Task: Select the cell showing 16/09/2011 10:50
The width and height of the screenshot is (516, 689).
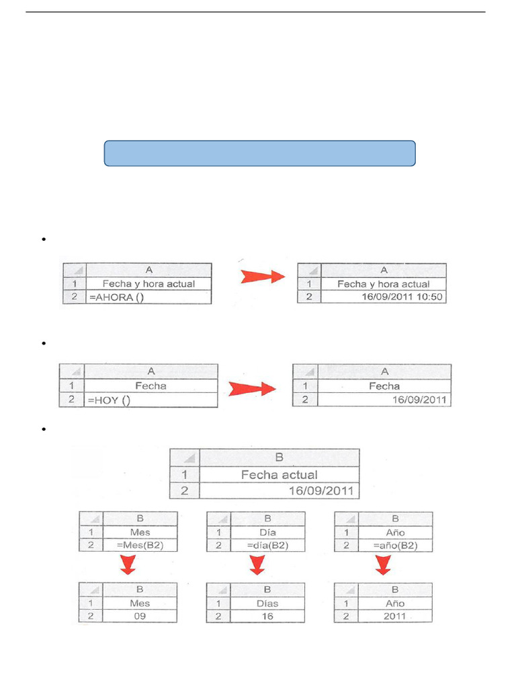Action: pos(384,297)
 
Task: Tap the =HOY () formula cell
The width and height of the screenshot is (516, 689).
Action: pos(150,400)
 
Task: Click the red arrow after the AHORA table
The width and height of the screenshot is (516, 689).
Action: pos(263,275)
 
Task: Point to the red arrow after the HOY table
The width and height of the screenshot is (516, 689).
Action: pos(252,389)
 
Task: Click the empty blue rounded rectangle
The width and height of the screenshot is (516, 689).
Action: pos(259,153)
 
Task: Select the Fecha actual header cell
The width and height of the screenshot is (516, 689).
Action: pos(279,474)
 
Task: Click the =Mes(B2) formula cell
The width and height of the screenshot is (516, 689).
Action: pos(139,545)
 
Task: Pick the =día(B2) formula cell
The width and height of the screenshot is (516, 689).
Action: pos(267,545)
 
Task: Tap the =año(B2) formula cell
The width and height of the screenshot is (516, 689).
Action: pos(394,545)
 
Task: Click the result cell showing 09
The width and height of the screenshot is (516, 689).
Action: pos(139,616)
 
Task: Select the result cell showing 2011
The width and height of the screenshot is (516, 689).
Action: pos(394,616)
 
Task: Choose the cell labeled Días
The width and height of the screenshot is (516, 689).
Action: pos(267,603)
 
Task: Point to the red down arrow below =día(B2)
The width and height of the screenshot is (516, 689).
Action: pos(256,567)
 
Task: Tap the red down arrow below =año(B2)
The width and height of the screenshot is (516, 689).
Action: pos(384,567)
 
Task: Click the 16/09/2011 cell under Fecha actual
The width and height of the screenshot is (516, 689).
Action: pos(279,491)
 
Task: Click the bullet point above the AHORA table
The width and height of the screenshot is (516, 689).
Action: pos(43,240)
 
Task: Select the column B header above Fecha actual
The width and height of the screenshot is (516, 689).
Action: pos(279,458)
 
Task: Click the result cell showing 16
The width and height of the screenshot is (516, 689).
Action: pos(267,616)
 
